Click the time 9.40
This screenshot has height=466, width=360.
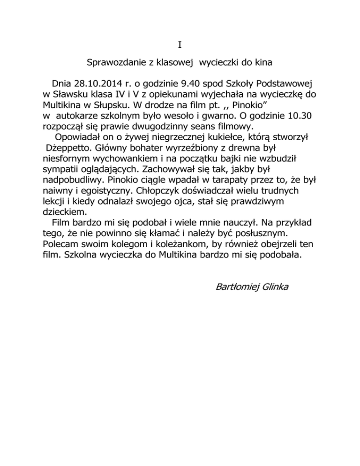[189, 84]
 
